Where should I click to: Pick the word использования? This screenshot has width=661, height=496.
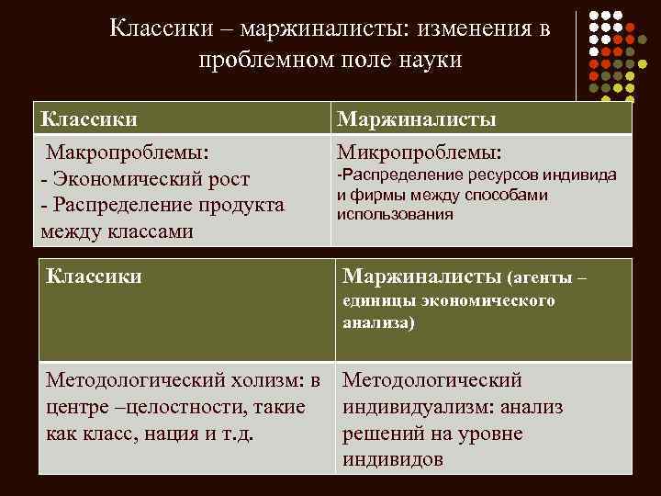click(395, 214)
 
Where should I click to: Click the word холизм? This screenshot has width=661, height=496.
click(262, 380)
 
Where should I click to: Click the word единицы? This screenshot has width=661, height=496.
click(379, 301)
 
